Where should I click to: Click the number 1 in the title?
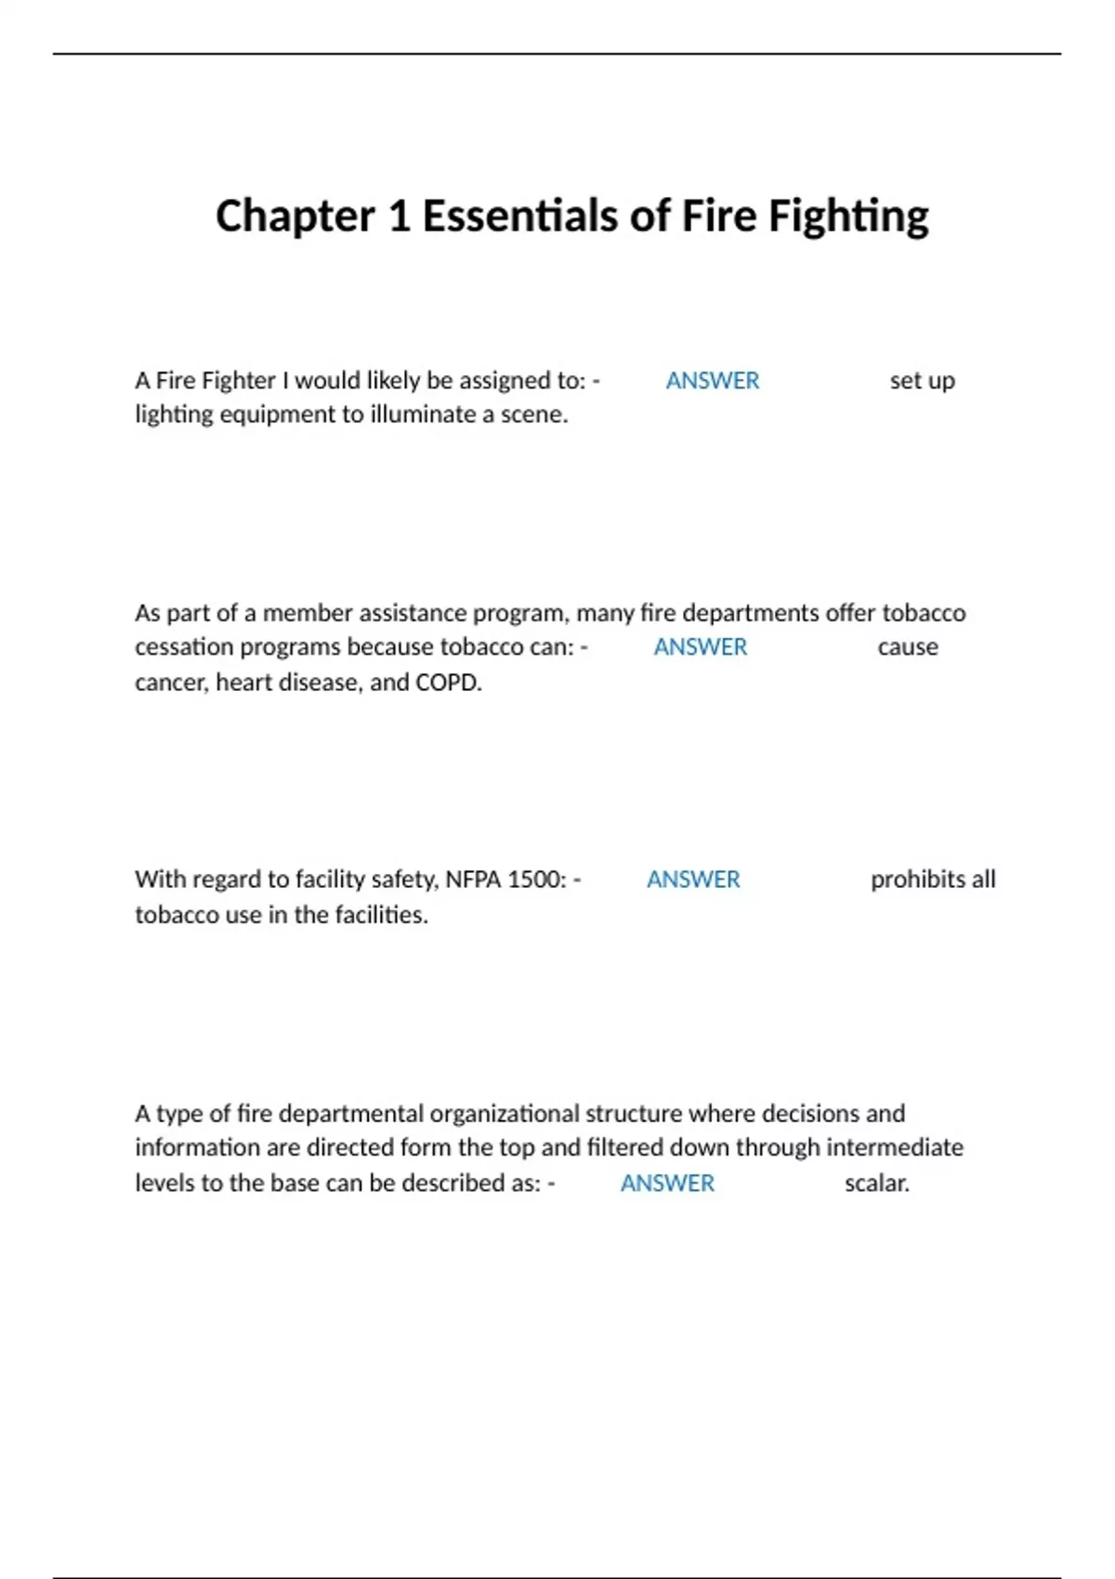click(x=399, y=216)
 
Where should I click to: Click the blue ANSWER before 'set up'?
click(x=713, y=381)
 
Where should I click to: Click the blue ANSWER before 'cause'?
click(x=700, y=647)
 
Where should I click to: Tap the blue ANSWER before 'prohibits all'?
click(x=693, y=880)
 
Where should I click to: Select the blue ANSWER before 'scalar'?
click(x=667, y=1183)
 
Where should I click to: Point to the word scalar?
click(x=876, y=1183)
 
